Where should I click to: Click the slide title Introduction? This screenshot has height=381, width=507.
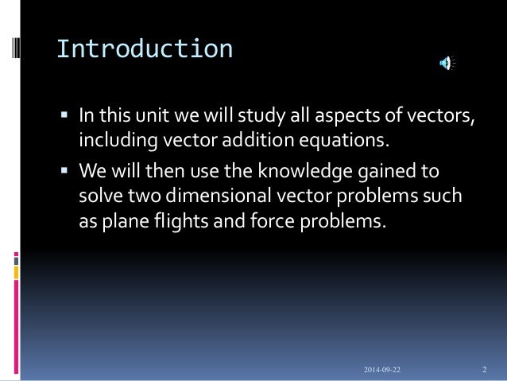point(144,49)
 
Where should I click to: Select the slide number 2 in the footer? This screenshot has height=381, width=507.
point(485,371)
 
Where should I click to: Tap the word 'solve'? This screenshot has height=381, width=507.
point(99,197)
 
